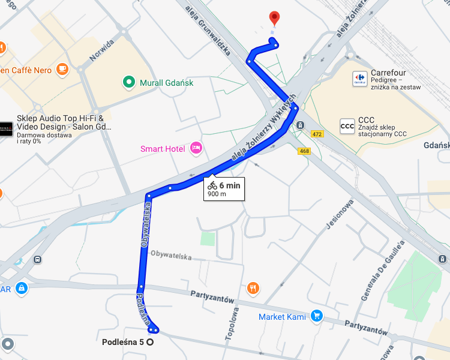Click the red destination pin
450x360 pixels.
pos(274,17)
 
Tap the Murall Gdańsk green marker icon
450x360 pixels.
pos(128,82)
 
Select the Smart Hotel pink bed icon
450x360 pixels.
pos(195,148)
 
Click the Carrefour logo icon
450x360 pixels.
pos(360,78)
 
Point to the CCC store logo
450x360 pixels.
pos(347,125)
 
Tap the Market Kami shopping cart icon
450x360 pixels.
pos(317,316)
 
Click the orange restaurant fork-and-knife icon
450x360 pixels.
pos(253,287)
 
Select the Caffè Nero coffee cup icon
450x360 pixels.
pos(62,69)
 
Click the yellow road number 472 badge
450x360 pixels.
pos(317,134)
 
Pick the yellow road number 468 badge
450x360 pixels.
pos(304,151)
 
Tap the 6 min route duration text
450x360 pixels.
pos(229,185)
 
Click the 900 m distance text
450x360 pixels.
pos(217,194)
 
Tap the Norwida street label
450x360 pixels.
pos(101,51)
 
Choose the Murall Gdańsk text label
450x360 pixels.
pos(166,83)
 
